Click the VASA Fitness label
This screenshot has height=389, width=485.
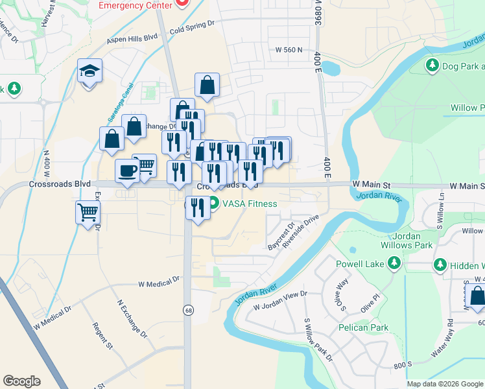[x=250, y=204]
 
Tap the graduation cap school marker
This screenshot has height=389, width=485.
[x=90, y=71]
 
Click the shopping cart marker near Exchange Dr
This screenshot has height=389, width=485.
[x=88, y=212]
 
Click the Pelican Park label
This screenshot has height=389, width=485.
[x=363, y=327]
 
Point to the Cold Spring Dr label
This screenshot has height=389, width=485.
[x=191, y=26]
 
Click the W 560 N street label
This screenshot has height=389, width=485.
[x=289, y=49]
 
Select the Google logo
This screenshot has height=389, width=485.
[x=21, y=381]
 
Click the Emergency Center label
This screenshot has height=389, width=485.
[x=136, y=5]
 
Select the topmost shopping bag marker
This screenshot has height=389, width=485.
[x=207, y=85]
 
